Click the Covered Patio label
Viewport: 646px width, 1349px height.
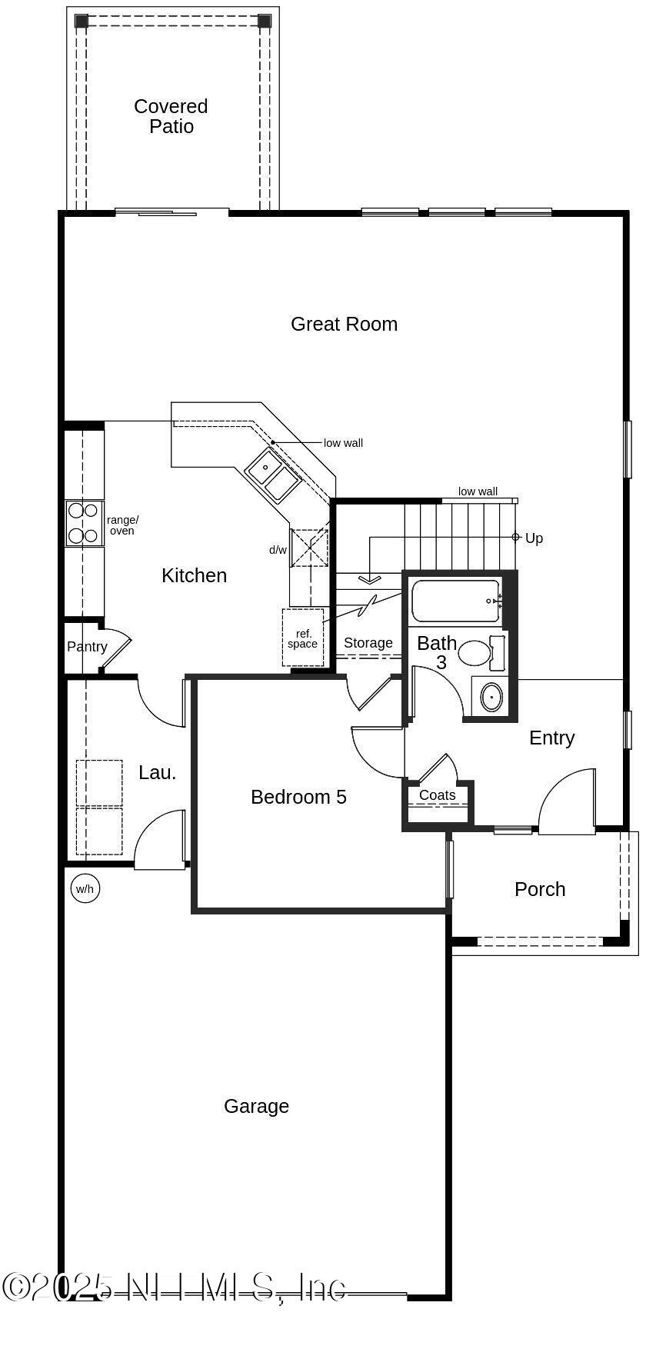pyautogui.click(x=171, y=116)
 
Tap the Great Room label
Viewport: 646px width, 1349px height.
pyautogui.click(x=344, y=324)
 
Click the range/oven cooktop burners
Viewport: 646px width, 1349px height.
pyautogui.click(x=83, y=523)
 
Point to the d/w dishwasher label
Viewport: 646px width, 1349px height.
pyautogui.click(x=278, y=550)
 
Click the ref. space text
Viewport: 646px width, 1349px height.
pyautogui.click(x=303, y=638)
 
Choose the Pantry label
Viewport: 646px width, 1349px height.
pyautogui.click(x=87, y=647)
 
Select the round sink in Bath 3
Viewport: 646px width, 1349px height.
pyautogui.click(x=491, y=697)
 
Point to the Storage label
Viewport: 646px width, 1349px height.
pyautogui.click(x=368, y=643)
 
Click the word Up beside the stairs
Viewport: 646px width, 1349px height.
pyautogui.click(x=534, y=538)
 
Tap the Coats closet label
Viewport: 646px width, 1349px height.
pyautogui.click(x=438, y=795)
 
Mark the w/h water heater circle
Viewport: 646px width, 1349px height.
pyautogui.click(x=85, y=889)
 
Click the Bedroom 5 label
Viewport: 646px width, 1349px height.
pyautogui.click(x=298, y=797)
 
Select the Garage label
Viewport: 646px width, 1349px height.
pyautogui.click(x=256, y=1106)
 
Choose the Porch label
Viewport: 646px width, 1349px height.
pyautogui.click(x=540, y=889)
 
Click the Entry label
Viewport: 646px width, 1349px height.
pyautogui.click(x=551, y=738)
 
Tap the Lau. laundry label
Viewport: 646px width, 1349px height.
pyautogui.click(x=158, y=772)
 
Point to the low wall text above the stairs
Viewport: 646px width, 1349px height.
pyautogui.click(x=478, y=491)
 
